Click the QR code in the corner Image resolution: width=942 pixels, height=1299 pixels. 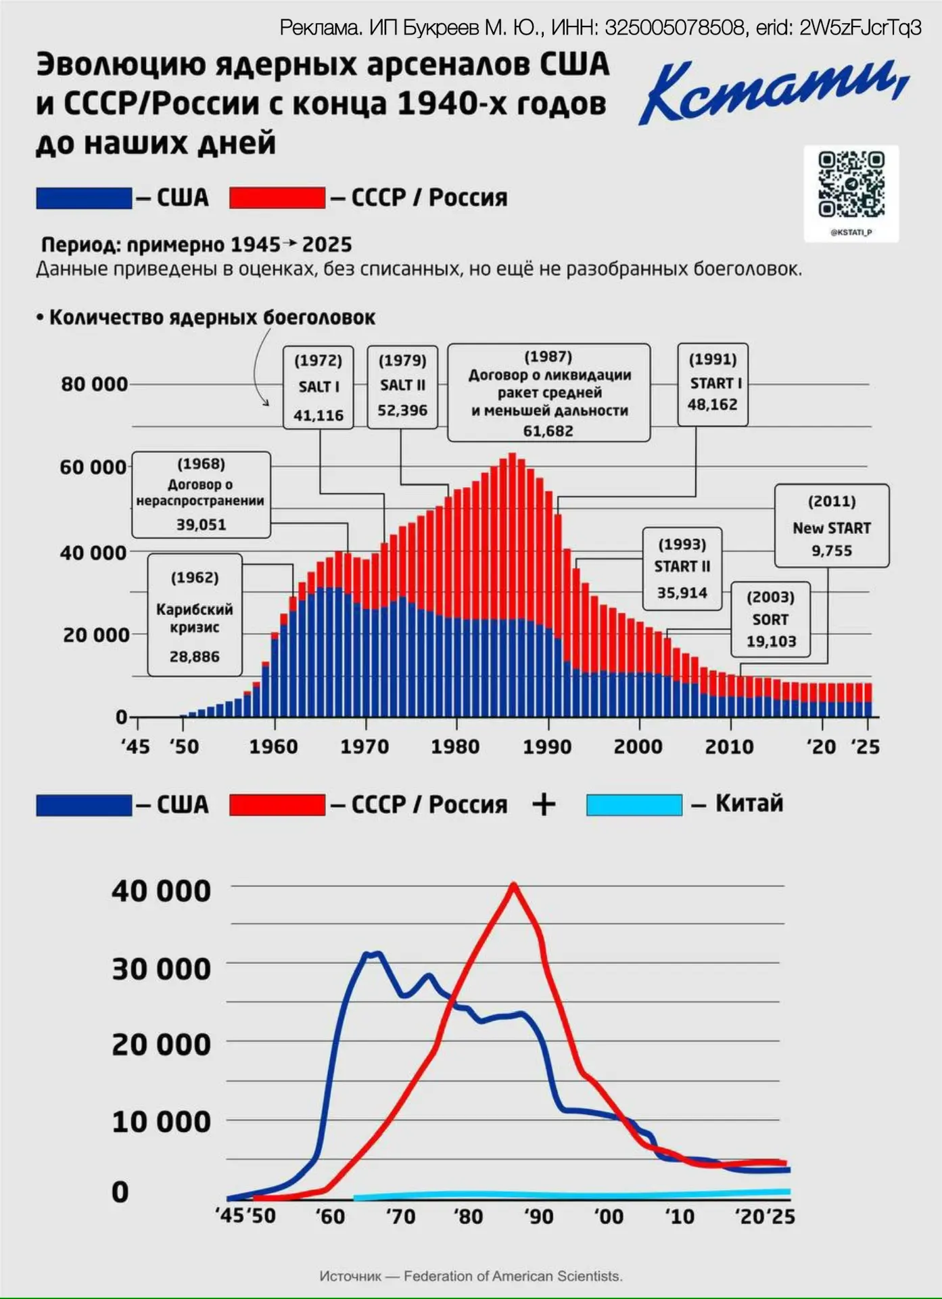point(851,185)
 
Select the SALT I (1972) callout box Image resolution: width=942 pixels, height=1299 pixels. point(319,387)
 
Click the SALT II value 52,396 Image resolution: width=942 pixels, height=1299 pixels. point(402,410)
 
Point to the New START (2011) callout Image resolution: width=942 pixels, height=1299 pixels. point(832,526)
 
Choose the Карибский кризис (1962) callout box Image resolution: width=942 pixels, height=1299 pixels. point(195,615)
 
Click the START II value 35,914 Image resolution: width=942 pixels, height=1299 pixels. point(682,593)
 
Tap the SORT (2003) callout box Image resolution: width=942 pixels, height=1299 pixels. point(770,619)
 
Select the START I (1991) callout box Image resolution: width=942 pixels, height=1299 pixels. point(713,384)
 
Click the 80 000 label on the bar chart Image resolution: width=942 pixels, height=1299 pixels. point(94,384)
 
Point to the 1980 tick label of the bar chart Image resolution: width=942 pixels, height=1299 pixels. point(456,747)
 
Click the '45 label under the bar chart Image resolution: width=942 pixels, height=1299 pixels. point(135,747)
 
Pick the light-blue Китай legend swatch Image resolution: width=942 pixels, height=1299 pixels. point(634,804)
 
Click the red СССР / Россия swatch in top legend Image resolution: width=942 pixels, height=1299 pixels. point(277,198)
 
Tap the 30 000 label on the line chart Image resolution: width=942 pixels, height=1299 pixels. point(161,969)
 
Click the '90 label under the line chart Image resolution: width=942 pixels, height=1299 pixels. point(538,1216)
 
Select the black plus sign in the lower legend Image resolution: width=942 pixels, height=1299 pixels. point(544,804)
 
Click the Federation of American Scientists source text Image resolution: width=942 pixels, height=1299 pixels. point(513,1276)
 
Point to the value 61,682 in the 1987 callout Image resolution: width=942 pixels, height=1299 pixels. point(548,431)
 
